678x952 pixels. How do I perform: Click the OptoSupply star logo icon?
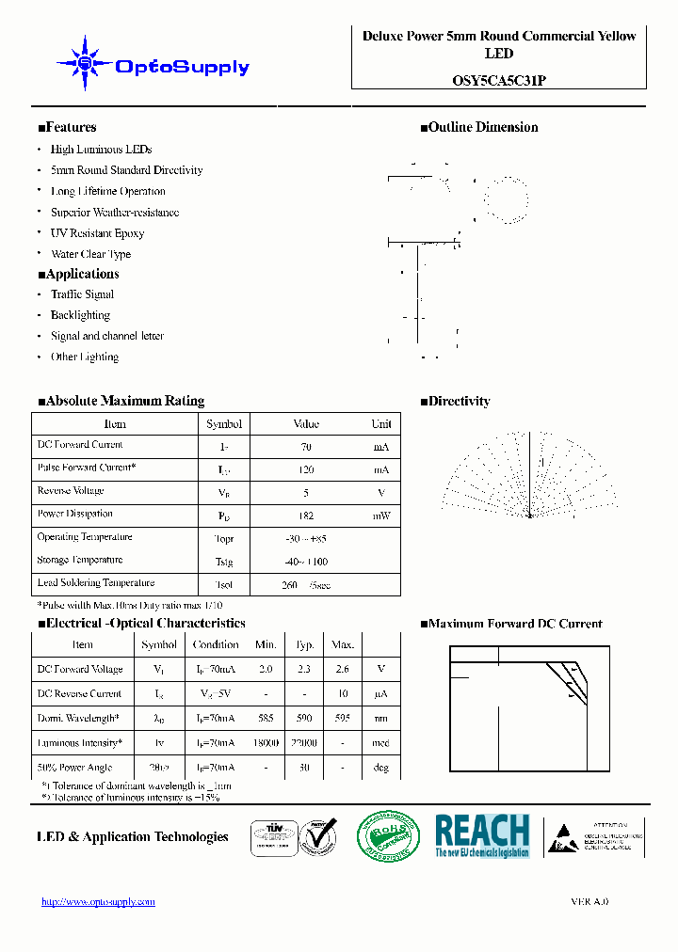tap(85, 63)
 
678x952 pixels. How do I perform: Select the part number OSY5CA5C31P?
tap(498, 81)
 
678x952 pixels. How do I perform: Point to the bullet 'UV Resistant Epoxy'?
tap(97, 233)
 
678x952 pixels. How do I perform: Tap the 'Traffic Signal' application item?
tap(82, 294)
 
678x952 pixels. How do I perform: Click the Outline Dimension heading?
tap(479, 127)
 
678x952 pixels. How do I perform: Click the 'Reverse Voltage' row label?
tap(71, 491)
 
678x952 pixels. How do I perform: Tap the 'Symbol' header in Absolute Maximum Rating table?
tap(224, 424)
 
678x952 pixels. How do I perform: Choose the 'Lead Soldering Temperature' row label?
tap(95, 583)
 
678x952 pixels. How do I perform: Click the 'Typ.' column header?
tap(304, 644)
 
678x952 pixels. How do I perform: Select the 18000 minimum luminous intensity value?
tap(266, 743)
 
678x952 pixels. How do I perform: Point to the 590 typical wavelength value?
tap(304, 719)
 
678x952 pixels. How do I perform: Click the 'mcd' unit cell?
tap(380, 743)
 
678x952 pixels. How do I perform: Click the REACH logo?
tap(482, 835)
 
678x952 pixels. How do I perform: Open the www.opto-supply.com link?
tap(99, 901)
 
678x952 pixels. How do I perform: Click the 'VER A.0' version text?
tap(589, 901)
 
